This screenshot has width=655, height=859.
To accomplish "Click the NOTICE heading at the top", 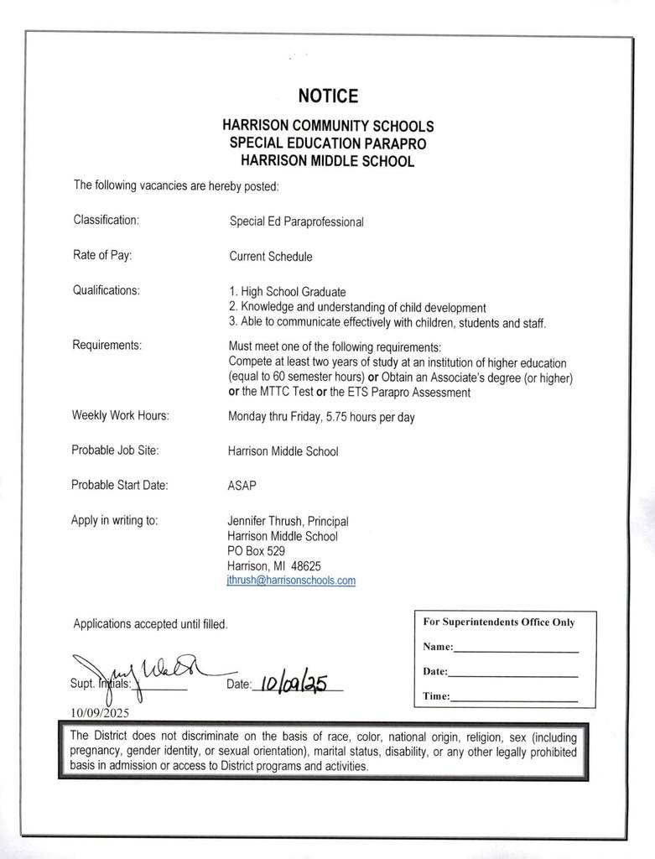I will (x=328, y=96).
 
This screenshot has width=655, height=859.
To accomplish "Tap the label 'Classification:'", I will (x=106, y=220).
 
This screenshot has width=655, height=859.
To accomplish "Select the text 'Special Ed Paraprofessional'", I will (x=296, y=222).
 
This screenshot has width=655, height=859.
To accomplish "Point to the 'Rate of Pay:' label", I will (x=102, y=255).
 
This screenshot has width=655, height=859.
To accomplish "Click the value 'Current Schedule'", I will (x=270, y=257).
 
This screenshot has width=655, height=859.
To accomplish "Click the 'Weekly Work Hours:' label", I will (x=120, y=415).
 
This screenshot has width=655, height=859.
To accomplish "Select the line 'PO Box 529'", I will (x=256, y=551).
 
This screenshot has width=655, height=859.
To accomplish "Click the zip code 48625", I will (x=306, y=565).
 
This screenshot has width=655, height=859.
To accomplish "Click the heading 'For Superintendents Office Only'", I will (x=498, y=622).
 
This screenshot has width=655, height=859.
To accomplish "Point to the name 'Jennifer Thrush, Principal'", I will (x=288, y=521).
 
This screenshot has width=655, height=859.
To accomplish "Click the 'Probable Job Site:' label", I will (x=115, y=450).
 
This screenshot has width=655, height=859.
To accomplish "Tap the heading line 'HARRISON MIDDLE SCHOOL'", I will (x=327, y=161).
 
